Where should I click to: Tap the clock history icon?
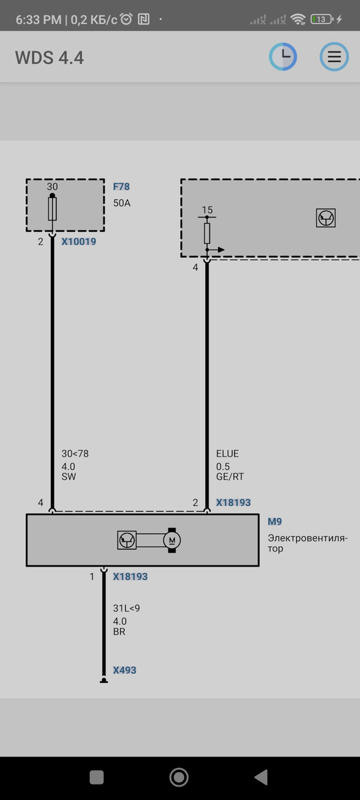point(283,57)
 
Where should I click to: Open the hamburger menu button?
point(334,57)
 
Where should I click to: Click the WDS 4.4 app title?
point(49,58)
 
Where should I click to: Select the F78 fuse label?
point(121,187)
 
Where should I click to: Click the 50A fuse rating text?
point(122,203)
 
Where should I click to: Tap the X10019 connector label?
point(79,241)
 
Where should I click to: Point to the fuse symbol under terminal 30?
point(52,209)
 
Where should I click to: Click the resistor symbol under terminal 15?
point(207,233)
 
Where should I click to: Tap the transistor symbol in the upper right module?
point(326,218)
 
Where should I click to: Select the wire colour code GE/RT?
point(230,477)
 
